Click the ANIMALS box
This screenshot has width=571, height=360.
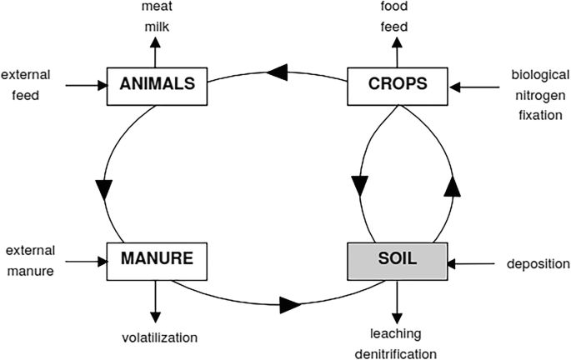pyautogui.click(x=157, y=84)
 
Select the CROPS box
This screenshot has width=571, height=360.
pyautogui.click(x=398, y=84)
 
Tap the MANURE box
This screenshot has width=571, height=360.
pyautogui.click(x=157, y=259)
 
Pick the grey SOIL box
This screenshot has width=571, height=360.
pyautogui.click(x=398, y=259)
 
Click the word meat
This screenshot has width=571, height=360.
pyautogui.click(x=157, y=7)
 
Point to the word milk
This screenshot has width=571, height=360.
pyautogui.click(x=157, y=27)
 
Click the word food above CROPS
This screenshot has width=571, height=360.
pyautogui.click(x=395, y=7)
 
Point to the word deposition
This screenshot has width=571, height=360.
pyautogui.click(x=538, y=264)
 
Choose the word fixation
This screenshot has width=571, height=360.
pyautogui.click(x=536, y=115)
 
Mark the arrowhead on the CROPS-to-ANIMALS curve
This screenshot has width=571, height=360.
pyautogui.click(x=280, y=72)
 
